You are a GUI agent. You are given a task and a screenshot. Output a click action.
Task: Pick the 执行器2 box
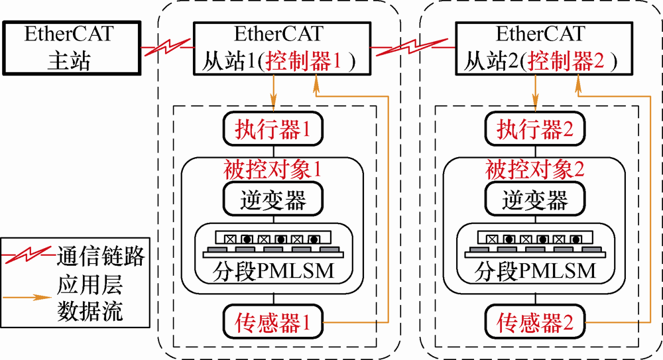534,129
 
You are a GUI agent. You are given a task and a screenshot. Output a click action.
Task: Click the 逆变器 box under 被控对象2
534,198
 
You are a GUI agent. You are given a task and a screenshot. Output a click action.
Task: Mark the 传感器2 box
534,323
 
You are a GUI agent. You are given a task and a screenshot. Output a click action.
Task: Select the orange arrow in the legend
27,298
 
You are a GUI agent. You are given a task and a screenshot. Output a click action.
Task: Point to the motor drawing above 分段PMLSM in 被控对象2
534,243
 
